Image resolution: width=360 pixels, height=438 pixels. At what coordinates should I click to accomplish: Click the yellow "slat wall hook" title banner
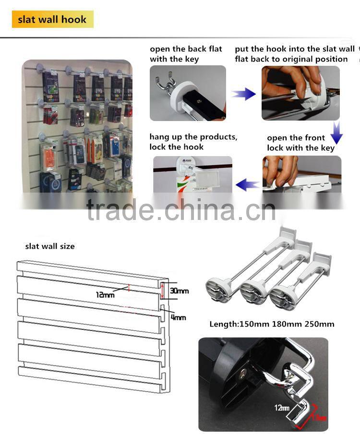pos(52,20)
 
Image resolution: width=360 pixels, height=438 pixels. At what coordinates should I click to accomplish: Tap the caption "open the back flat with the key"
pos(186,54)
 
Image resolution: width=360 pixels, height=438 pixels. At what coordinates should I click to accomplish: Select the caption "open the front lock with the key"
pos(300,143)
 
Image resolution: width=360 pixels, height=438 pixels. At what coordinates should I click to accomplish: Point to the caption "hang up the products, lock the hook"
pos(193,142)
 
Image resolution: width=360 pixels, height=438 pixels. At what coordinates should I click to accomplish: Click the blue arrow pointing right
pos(244,94)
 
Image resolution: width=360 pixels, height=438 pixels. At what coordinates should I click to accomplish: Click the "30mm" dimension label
pos(179,291)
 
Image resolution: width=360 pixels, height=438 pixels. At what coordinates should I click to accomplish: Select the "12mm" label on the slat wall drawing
pos(105,294)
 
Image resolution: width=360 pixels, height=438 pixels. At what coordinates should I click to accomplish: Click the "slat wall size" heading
pos(50,246)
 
